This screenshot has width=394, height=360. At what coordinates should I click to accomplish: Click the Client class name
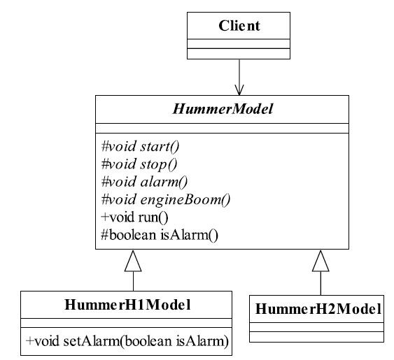tap(239, 26)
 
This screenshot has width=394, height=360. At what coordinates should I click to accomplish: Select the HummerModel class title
tap(223, 109)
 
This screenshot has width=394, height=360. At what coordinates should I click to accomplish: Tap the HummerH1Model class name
tap(127, 305)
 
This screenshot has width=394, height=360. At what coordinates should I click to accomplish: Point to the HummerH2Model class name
tap(318, 309)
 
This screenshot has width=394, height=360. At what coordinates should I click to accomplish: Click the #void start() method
tap(140, 146)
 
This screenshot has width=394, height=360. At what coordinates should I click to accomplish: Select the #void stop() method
tap(139, 164)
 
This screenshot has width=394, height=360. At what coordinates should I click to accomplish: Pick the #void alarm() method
tap(144, 182)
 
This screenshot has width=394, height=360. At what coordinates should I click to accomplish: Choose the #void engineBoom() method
tap(166, 200)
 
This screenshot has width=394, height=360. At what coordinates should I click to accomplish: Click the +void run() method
tap(134, 217)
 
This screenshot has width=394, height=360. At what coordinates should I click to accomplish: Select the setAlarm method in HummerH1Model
tap(127, 341)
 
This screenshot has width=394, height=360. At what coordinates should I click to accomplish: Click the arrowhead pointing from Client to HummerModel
tap(239, 90)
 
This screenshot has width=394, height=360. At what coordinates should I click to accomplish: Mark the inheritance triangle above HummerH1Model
tap(133, 261)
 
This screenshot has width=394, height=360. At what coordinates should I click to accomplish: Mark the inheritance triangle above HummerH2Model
tap(321, 261)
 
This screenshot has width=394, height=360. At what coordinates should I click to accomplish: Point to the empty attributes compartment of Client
tap(239, 43)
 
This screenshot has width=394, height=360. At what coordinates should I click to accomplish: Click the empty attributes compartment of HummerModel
tap(222, 129)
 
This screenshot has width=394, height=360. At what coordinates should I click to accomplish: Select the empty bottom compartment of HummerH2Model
tap(316, 337)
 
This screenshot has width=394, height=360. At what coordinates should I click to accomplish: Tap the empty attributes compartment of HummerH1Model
tap(126, 323)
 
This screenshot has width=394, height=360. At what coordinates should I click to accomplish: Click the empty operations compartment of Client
tap(239, 54)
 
